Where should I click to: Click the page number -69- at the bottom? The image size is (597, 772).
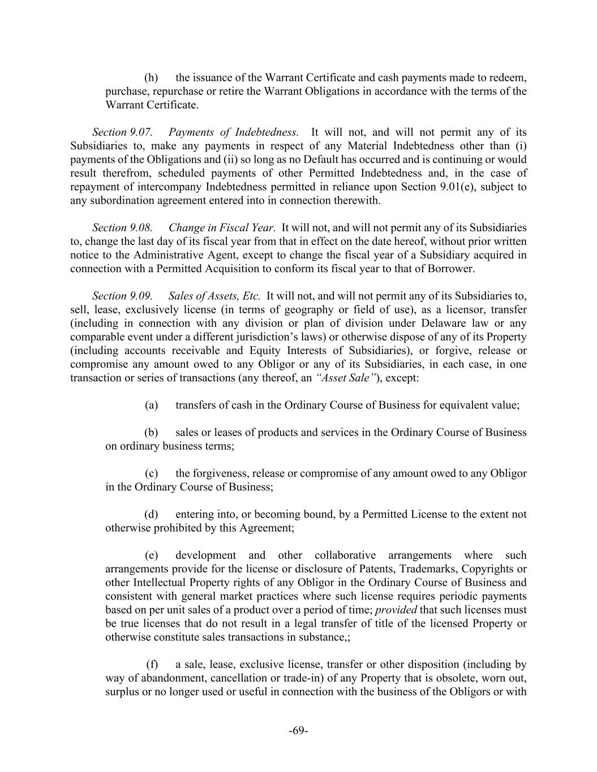tap(298, 730)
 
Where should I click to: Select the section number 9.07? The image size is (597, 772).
tap(141, 132)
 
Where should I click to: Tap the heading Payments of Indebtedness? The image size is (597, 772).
tap(233, 132)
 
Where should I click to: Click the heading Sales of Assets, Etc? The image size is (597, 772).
tap(214, 296)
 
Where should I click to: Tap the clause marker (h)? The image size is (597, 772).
tap(151, 77)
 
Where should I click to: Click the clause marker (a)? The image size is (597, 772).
tap(151, 405)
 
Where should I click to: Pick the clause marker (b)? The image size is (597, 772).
tap(151, 433)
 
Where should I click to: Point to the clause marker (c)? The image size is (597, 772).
tap(151, 473)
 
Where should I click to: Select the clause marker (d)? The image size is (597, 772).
tap(151, 514)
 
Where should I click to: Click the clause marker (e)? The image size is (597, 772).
tap(151, 555)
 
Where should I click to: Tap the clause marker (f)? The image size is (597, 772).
tap(152, 664)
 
